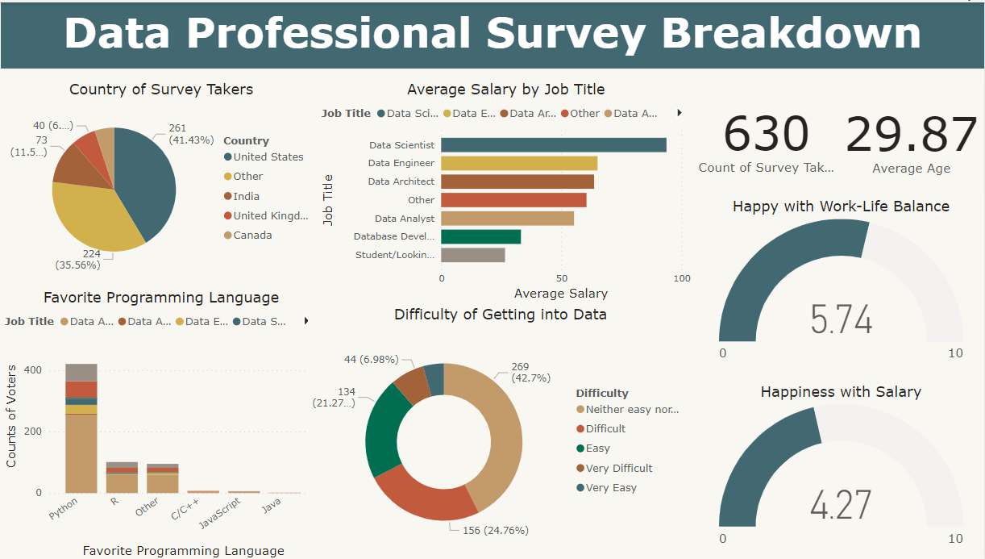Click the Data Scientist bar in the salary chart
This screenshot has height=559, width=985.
[553, 145]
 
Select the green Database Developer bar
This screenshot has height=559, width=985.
[480, 236]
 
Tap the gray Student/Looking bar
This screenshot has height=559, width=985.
[472, 255]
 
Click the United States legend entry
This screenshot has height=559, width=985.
[268, 157]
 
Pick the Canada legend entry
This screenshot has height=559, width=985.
[252, 236]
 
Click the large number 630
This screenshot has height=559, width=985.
[766, 134]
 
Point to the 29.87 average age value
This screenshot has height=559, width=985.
[911, 134]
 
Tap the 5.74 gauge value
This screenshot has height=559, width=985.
[841, 320]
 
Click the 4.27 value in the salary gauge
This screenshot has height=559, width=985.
[841, 505]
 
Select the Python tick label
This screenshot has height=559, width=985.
[63, 509]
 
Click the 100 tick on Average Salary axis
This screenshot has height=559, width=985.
[681, 278]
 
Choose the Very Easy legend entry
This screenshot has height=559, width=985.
[611, 488]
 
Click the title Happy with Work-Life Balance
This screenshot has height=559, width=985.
[841, 206]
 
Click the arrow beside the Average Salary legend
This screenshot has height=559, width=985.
[680, 114]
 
